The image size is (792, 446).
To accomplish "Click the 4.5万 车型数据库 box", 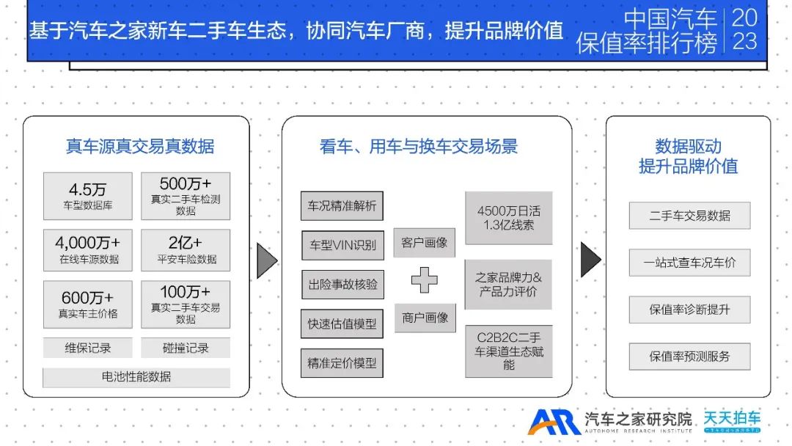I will click(x=88, y=196).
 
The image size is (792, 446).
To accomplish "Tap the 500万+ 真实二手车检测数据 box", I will click(x=186, y=196).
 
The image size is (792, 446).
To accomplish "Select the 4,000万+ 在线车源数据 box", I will click(x=88, y=250).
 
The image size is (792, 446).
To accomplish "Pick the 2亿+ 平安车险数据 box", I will click(x=186, y=250).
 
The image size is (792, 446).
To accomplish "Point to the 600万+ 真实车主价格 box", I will click(x=88, y=304).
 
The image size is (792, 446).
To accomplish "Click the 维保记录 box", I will click(x=88, y=348).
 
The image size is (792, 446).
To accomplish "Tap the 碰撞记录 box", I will click(x=186, y=348).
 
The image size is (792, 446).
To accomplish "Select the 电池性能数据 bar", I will click(x=136, y=377).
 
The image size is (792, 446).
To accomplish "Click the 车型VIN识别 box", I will click(x=342, y=245).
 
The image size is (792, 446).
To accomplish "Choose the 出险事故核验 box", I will click(x=342, y=284).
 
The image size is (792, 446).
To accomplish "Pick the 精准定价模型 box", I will click(x=342, y=362).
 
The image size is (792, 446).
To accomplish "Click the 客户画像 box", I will click(x=425, y=242).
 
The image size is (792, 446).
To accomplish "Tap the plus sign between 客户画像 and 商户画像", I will click(x=424, y=279).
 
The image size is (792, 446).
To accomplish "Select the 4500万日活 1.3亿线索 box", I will click(x=508, y=218).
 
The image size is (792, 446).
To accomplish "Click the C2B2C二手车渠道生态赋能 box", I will click(x=508, y=351).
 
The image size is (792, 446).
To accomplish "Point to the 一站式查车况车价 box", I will click(x=689, y=263).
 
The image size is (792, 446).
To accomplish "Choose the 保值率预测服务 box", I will click(x=689, y=357).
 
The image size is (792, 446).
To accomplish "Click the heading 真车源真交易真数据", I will click(x=140, y=147).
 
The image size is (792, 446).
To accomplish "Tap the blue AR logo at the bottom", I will click(x=554, y=422).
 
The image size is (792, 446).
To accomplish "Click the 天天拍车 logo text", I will click(x=732, y=418).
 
